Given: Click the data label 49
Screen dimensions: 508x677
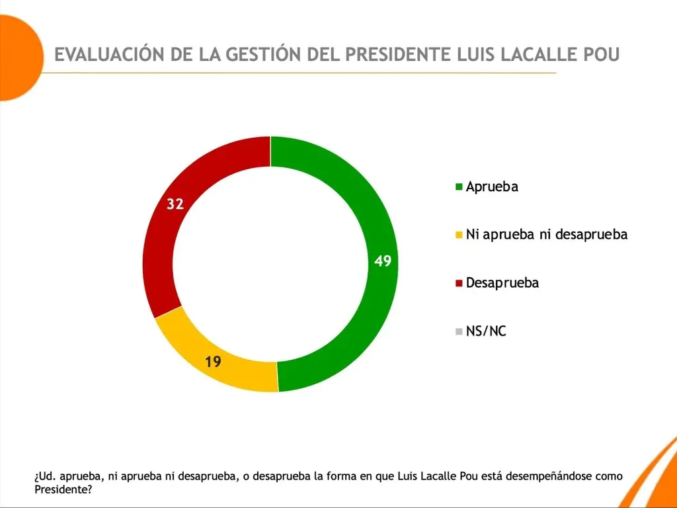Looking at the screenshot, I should (x=383, y=261).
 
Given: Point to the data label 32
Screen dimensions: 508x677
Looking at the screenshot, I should (x=175, y=204).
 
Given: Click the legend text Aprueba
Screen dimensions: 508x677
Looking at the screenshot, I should (x=492, y=187).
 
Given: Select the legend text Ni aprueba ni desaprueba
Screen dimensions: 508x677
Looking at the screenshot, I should (x=546, y=234).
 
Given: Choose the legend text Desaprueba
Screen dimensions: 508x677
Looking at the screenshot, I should (x=502, y=283).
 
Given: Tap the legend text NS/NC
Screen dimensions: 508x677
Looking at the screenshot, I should (x=486, y=331).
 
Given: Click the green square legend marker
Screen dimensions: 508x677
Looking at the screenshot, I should (x=459, y=187).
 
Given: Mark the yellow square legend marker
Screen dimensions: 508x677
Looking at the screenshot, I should (x=459, y=235).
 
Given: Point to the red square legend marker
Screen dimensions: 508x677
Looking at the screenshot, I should (x=459, y=284).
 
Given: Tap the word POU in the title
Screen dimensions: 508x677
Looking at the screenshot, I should (x=598, y=54).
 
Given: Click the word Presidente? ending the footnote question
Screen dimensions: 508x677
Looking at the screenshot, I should (x=63, y=490).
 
